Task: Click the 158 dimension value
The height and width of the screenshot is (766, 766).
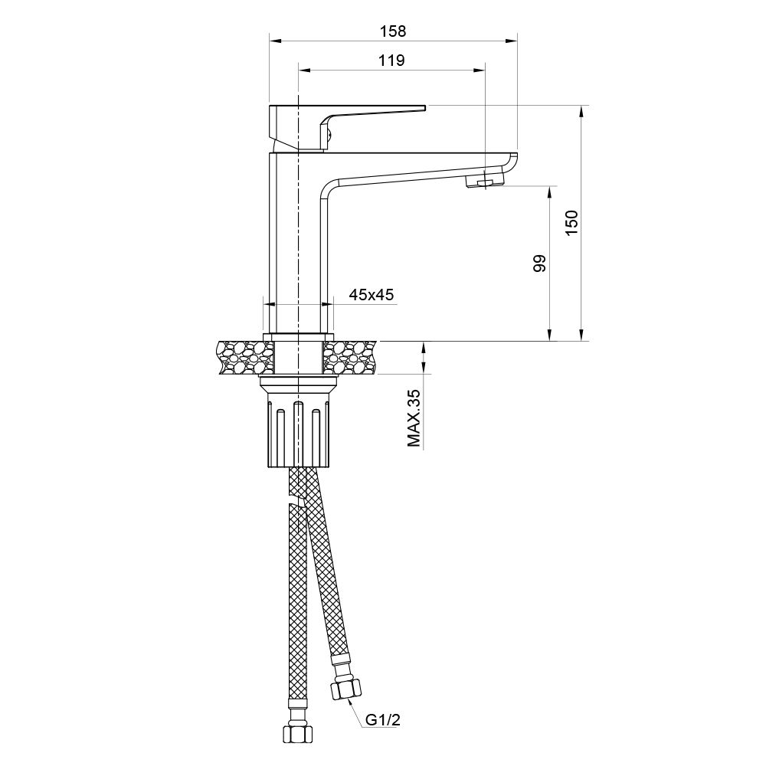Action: pyautogui.click(x=391, y=31)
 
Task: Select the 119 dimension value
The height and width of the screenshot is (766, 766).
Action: pyautogui.click(x=391, y=61)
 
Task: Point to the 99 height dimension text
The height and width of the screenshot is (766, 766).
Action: pyautogui.click(x=539, y=264)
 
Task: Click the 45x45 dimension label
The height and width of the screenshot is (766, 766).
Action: pyautogui.click(x=372, y=294)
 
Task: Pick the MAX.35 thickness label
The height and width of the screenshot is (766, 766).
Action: pyautogui.click(x=414, y=417)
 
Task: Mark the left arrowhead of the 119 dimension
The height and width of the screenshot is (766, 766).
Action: pyautogui.click(x=303, y=70)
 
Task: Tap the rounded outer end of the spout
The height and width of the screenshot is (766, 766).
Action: pyautogui.click(x=512, y=163)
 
